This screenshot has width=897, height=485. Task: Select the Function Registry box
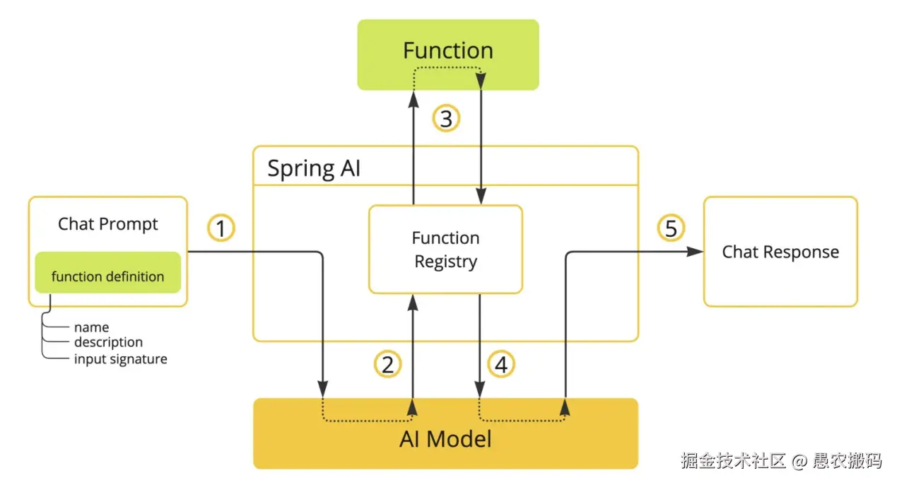coord(445,250)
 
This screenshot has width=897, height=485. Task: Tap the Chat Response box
coord(780,252)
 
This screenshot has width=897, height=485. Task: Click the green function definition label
coord(107,276)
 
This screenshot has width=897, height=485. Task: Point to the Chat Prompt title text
coord(107,224)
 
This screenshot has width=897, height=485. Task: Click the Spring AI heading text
coord(313,168)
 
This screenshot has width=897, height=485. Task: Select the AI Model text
coord(445,438)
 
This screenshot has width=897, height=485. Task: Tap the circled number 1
coord(221,229)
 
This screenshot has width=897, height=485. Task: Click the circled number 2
coord(387,365)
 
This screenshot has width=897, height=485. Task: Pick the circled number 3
coord(446,119)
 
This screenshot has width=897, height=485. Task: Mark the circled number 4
coord(501,365)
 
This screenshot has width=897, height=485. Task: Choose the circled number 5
coord(671,229)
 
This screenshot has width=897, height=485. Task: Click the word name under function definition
coord(91,327)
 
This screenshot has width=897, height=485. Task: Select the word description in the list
coord(108,342)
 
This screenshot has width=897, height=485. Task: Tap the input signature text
coord(120,359)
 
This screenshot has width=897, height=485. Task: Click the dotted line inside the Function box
coord(447,68)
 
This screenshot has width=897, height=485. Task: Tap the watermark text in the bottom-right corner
coord(781,461)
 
